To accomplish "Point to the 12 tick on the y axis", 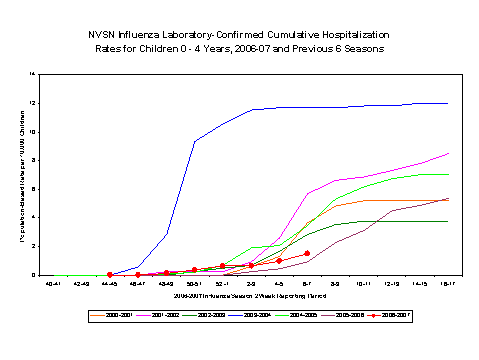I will (33, 103).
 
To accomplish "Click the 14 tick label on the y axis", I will (33, 74).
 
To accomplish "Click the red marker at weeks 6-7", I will (307, 253).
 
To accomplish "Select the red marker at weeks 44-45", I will (109, 274).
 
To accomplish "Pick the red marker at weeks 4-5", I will (279, 260).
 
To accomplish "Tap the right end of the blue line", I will (447, 103).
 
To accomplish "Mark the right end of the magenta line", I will (447, 153).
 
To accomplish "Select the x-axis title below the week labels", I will (250, 297).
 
